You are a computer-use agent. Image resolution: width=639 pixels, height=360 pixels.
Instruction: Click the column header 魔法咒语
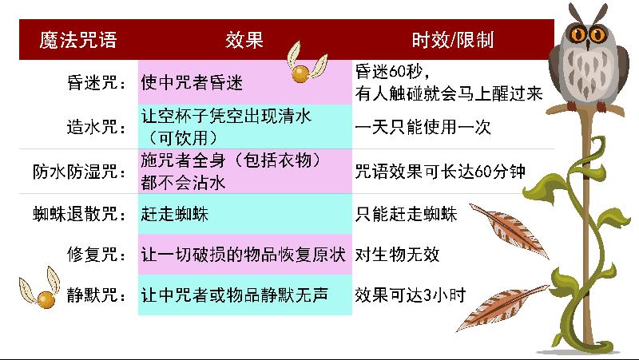tap(78, 41)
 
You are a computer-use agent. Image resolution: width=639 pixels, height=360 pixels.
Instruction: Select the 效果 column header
tap(244, 41)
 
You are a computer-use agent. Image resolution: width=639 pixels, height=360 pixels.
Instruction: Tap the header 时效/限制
tap(453, 41)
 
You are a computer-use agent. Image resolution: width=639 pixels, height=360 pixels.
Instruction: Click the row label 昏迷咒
tap(97, 83)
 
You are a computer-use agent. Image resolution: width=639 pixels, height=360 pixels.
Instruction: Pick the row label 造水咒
tap(97, 127)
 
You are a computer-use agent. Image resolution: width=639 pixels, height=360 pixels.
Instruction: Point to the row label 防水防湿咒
tap(80, 172)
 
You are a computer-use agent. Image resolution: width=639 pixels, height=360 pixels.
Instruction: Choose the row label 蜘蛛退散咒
tap(80, 214)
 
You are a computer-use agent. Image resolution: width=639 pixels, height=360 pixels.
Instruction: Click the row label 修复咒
tap(97, 255)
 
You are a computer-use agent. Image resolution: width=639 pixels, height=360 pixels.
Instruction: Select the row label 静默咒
tap(97, 295)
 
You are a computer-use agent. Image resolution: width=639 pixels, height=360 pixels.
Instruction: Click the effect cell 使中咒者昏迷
tap(192, 83)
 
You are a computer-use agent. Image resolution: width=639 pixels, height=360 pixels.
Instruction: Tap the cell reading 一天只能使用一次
tap(423, 127)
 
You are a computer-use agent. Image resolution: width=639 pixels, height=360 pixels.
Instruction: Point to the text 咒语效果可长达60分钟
tap(440, 172)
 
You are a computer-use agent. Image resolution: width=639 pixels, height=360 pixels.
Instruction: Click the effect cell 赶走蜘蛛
tap(175, 214)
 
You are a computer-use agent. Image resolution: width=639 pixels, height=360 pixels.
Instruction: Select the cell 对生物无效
tap(397, 255)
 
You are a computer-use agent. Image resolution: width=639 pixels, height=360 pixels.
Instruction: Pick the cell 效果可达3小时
tap(410, 295)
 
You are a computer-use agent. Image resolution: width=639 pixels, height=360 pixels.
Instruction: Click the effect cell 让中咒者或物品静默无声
tap(234, 295)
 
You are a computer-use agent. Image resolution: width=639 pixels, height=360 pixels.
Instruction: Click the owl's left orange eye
tap(577, 34)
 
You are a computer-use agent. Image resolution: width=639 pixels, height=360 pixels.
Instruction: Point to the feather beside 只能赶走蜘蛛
tap(510, 230)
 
